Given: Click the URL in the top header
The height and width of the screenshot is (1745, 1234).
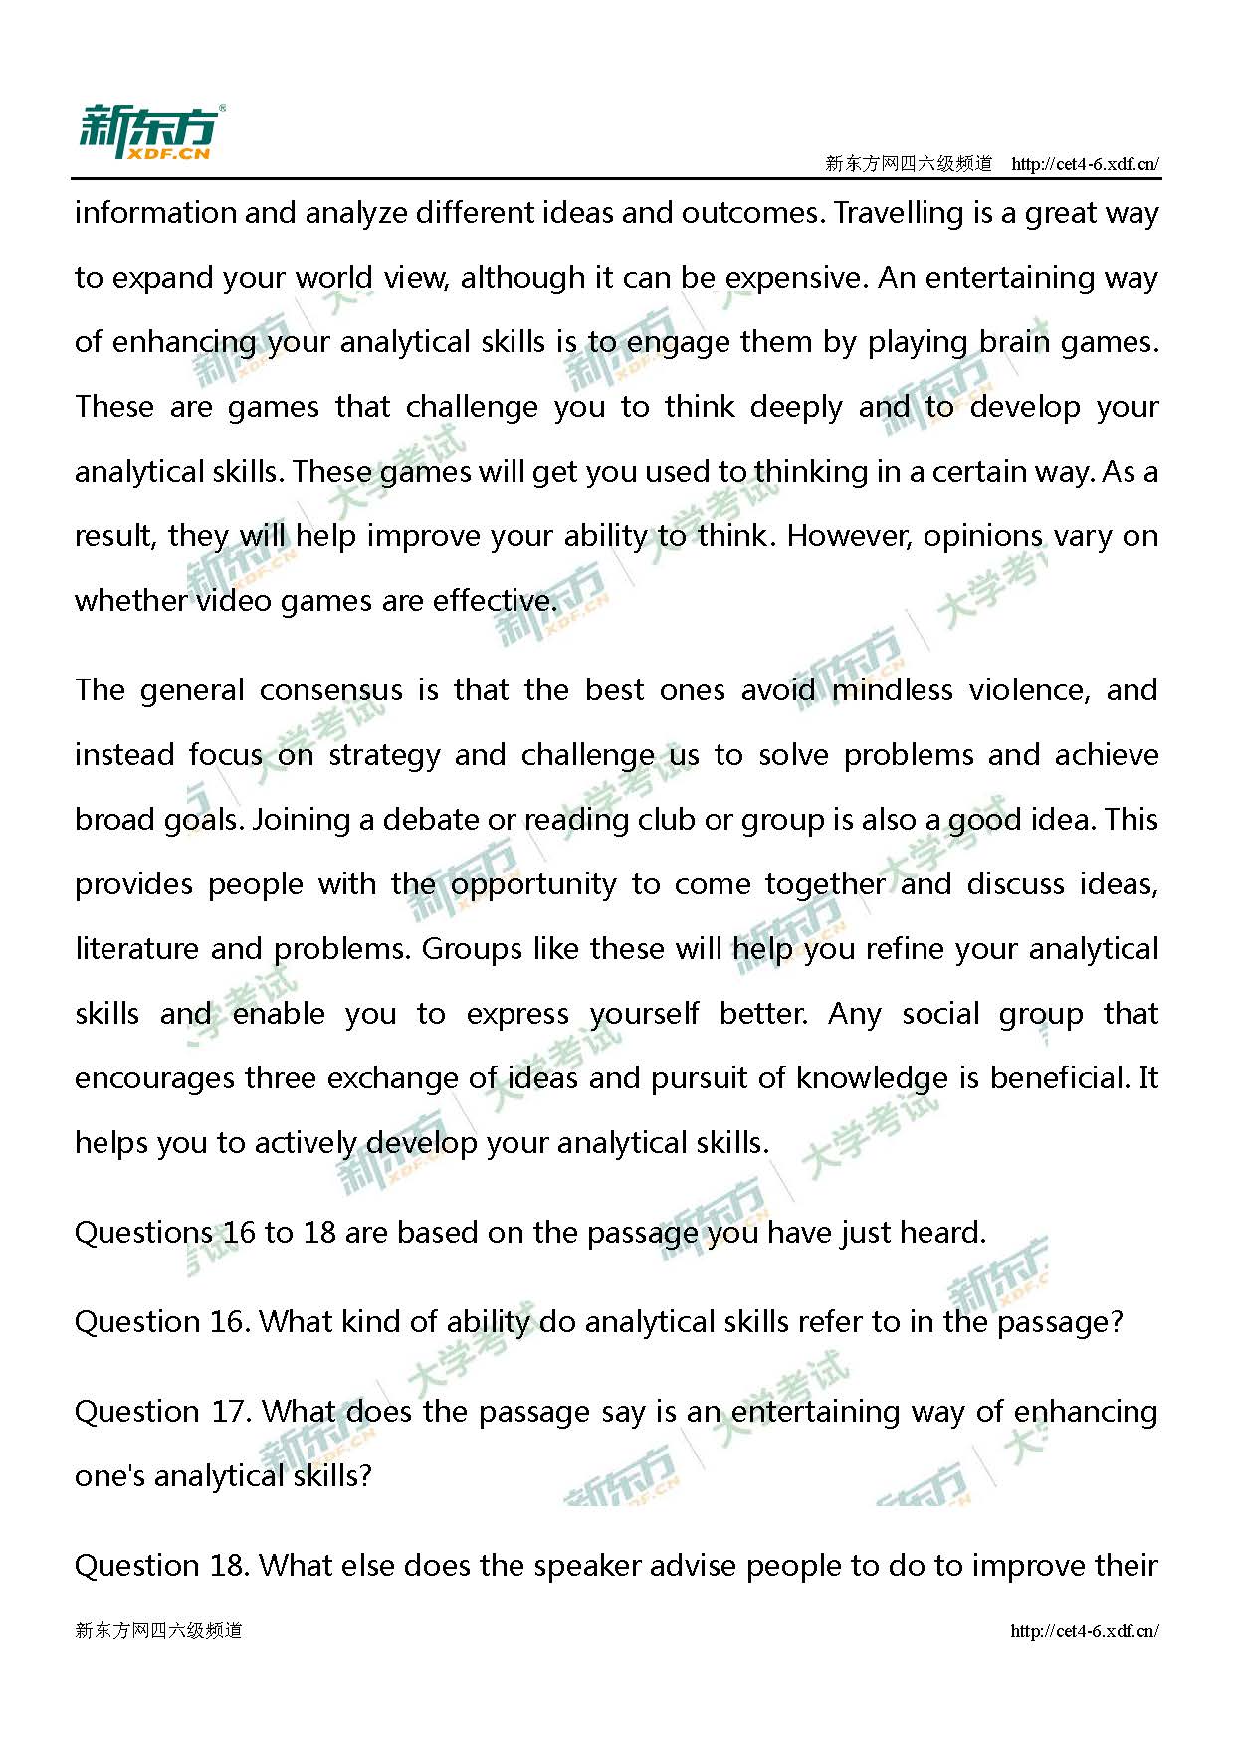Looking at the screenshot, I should (1085, 164).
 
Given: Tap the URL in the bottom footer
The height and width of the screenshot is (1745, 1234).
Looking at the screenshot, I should (1084, 1630).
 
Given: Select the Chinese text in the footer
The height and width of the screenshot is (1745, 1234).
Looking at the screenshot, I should (158, 1630).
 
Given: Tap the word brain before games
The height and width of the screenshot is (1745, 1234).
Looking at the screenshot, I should (1015, 342).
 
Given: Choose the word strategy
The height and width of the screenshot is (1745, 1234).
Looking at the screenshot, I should (384, 755).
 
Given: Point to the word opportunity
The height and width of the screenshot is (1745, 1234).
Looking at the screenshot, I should (533, 884).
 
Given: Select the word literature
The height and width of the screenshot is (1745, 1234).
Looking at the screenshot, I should (136, 949).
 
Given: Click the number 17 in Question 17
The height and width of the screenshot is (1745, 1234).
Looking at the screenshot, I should (226, 1412).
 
